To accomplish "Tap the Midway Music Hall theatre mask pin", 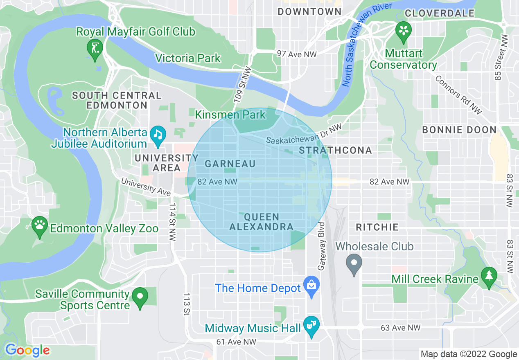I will pyautogui.click(x=311, y=326).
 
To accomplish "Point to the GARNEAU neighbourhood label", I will pyautogui.click(x=230, y=164).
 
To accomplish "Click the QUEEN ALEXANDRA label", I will pyautogui.click(x=261, y=222).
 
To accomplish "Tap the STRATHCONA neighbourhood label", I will pyautogui.click(x=335, y=150).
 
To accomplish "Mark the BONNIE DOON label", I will pyautogui.click(x=459, y=130).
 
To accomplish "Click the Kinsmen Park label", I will pyautogui.click(x=230, y=115).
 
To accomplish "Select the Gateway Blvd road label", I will pyautogui.click(x=322, y=246).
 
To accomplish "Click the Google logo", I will pyautogui.click(x=27, y=350).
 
